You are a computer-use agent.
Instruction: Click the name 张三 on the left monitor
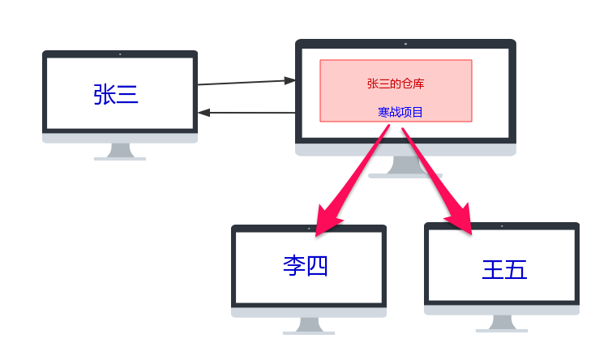point(116,95)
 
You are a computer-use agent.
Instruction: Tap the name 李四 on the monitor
point(305,265)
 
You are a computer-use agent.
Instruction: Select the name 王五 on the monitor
point(504,269)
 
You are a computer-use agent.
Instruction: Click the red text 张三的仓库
point(396,83)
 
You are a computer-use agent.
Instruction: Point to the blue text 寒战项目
point(400,112)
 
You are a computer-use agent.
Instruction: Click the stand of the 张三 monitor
point(120,152)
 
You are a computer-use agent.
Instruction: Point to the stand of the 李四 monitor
point(309,325)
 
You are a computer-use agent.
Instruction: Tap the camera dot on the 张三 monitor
point(120,54)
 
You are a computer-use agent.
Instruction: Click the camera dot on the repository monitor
point(405,43)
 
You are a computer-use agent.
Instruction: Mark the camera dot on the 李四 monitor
point(309,228)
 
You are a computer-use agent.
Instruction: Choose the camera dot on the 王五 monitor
point(502,226)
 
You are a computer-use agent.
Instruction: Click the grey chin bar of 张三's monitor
point(120,137)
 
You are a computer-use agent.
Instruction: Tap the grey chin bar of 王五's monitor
point(502,310)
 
